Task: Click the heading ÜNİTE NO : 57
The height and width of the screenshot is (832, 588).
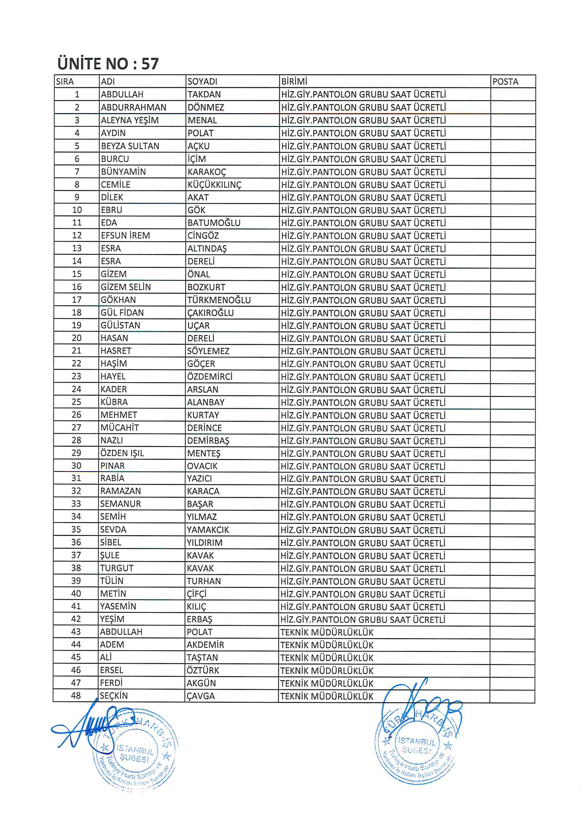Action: point(108,64)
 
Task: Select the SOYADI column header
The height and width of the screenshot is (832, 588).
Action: point(202,81)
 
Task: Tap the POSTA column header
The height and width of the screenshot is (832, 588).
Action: point(505,81)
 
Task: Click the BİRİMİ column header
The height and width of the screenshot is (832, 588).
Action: point(294,81)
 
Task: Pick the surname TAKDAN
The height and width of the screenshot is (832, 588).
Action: point(204,95)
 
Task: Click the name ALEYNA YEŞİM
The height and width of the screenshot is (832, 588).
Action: point(130,120)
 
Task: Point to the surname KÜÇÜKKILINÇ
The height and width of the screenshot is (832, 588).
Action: point(214,185)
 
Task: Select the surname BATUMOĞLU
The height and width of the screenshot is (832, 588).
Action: point(214,223)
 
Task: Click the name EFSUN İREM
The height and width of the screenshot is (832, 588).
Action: point(125,236)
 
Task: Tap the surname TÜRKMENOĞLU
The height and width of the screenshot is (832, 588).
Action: point(219,300)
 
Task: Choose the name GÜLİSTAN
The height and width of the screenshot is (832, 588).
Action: point(120,325)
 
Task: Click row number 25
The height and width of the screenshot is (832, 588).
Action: point(76,402)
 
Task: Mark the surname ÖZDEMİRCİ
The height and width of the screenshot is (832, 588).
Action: point(210,376)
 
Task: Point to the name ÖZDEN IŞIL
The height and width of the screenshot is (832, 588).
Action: point(122,453)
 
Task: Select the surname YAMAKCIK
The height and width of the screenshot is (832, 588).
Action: point(208,530)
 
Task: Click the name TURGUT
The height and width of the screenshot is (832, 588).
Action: point(117,568)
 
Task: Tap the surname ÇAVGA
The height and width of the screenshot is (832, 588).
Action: point(201,696)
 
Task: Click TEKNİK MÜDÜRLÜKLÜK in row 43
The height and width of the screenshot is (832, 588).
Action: point(327,632)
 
